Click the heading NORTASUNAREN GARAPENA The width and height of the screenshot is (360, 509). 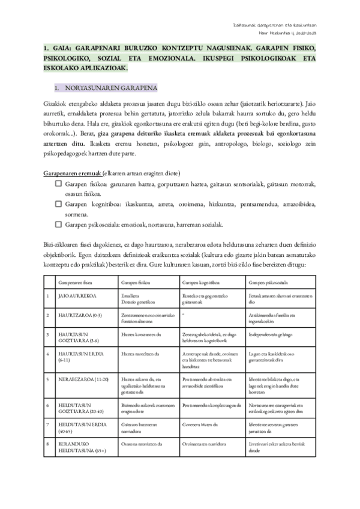pos(110,87)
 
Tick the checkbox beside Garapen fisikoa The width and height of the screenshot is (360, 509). pos(59,185)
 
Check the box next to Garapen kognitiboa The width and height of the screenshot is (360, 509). pos(59,205)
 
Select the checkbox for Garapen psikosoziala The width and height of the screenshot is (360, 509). pos(59,224)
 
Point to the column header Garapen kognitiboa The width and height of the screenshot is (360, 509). pos(200,282)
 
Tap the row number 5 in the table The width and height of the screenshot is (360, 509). pos(47,379)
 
